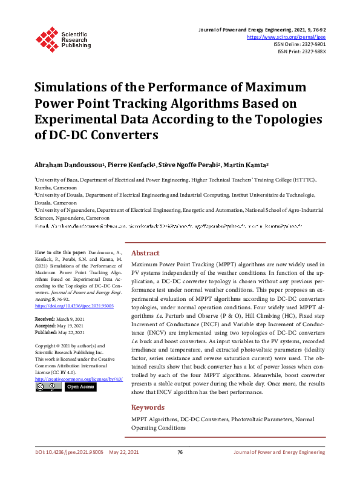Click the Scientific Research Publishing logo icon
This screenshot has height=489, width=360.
tap(47, 38)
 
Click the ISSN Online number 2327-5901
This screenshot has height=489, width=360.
tap(313, 44)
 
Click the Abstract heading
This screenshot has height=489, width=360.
tap(145, 253)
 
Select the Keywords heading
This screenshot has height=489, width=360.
tap(148, 408)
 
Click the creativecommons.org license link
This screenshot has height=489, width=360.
tap(79, 379)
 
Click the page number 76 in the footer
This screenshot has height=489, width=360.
tap(180, 468)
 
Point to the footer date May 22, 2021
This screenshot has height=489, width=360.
tap(124, 468)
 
